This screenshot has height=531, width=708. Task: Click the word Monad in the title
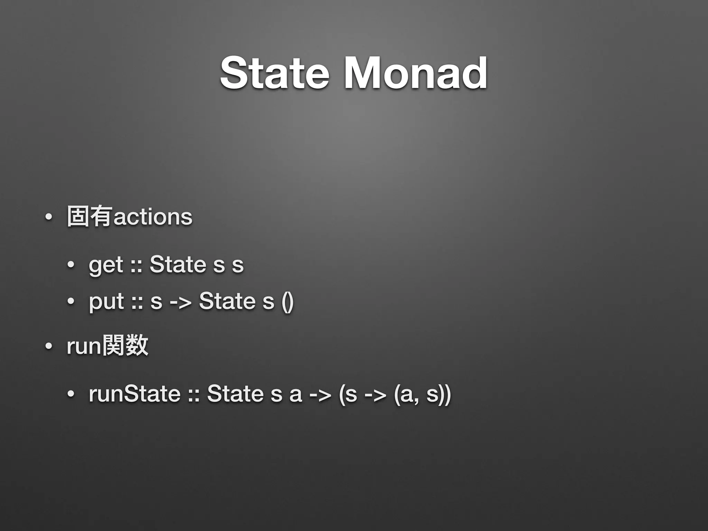[416, 74]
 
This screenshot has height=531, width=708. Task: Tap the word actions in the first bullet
[153, 217]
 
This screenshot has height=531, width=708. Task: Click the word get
[106, 265]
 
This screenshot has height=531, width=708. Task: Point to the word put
[106, 301]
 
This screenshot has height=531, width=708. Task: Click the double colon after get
[137, 265]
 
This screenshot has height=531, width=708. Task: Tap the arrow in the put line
[180, 302]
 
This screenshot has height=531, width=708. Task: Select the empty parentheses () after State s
[288, 301]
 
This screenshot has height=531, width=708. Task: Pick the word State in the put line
[227, 301]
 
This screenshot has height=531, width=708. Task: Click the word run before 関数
[84, 346]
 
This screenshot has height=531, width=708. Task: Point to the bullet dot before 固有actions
[48, 217]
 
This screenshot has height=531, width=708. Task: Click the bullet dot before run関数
[48, 346]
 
